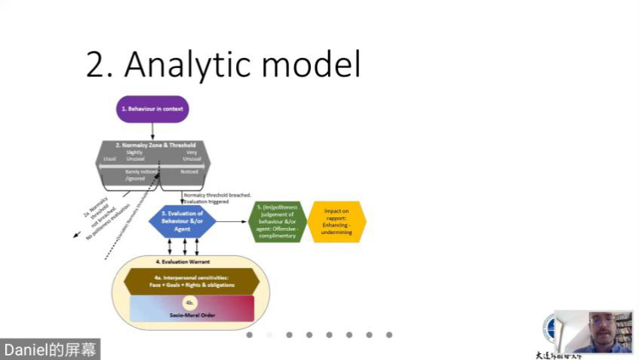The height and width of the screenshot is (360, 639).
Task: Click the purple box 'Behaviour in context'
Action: pyautogui.click(x=152, y=109)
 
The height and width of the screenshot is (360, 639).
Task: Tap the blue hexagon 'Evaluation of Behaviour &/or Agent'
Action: pyautogui.click(x=182, y=221)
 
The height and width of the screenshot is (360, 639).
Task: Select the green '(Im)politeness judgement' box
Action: pyautogui.click(x=277, y=222)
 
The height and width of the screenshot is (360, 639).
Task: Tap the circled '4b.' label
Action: pyautogui.click(x=190, y=302)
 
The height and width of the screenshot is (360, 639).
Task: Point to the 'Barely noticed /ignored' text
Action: pyautogui.click(x=137, y=174)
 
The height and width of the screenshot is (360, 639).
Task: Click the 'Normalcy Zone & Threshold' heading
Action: pyautogui.click(x=156, y=144)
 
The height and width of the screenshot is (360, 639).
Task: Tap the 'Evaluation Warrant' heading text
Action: pyautogui.click(x=183, y=261)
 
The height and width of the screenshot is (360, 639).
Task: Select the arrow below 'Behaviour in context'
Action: pyautogui.click(x=152, y=131)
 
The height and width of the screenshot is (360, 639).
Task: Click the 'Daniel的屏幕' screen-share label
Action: pyautogui.click(x=50, y=349)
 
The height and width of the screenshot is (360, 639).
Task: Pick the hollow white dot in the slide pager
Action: pyautogui.click(x=269, y=334)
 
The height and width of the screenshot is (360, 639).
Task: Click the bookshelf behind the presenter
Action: pyautogui.click(x=623, y=327)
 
